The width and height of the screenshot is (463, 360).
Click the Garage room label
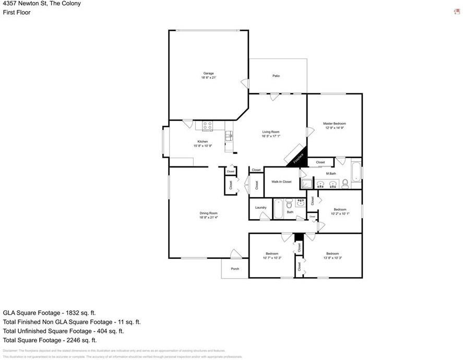(x=208, y=73)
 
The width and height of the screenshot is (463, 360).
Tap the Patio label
(x=276, y=76)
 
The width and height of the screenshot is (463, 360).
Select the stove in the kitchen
(x=207, y=126)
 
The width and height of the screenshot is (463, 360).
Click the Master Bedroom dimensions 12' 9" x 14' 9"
(x=335, y=128)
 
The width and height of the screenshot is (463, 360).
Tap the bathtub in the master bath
(x=356, y=172)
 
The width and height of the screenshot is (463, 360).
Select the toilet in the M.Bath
(x=345, y=183)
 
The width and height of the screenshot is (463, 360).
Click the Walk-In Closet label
(x=281, y=182)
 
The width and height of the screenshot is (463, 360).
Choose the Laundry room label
(x=261, y=208)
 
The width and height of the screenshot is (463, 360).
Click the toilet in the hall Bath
(x=289, y=204)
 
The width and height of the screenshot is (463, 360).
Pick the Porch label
(x=235, y=269)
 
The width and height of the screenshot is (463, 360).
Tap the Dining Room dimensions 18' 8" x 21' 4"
(x=208, y=218)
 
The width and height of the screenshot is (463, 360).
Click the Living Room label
(x=271, y=132)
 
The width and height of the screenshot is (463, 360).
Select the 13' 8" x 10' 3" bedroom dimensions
(x=333, y=258)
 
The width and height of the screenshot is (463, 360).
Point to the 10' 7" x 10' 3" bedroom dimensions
(x=272, y=258)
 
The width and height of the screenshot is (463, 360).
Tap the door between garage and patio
(x=243, y=82)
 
